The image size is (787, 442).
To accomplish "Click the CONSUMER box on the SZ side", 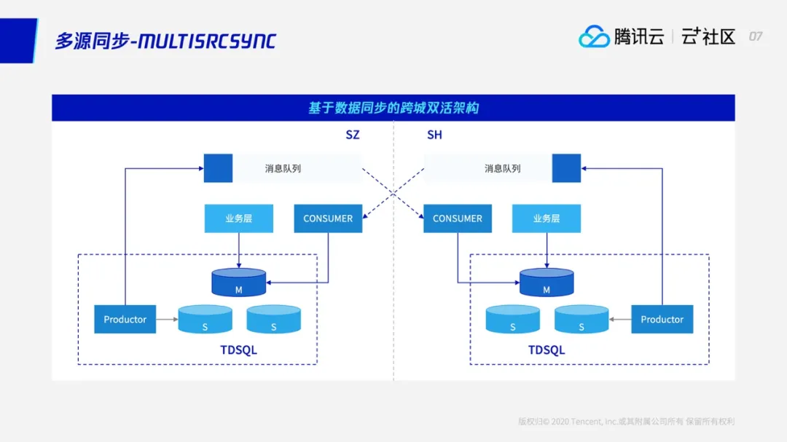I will [x=328, y=218].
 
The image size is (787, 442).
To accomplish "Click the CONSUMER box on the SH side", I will [x=458, y=218].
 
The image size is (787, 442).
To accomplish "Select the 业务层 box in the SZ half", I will [x=239, y=218].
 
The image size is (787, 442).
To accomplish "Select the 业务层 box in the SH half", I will [x=547, y=218].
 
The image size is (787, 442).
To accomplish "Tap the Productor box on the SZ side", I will [x=125, y=319].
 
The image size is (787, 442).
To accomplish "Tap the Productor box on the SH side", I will [x=662, y=319].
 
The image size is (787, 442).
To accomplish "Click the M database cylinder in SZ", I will [x=238, y=283].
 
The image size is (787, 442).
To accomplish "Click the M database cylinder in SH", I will [x=547, y=283].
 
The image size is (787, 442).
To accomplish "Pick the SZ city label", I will [x=353, y=135].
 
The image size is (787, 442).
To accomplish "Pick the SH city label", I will [x=434, y=135].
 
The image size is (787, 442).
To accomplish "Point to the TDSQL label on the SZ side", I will [x=238, y=350].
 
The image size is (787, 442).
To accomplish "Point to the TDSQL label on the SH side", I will [x=547, y=350].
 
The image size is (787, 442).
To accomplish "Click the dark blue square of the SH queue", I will [x=566, y=168].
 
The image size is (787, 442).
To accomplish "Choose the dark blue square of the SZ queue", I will [x=218, y=168].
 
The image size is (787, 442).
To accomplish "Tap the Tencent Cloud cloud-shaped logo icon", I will [x=594, y=36].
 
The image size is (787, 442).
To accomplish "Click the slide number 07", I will [x=756, y=36].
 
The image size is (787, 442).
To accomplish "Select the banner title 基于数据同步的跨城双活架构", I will [x=393, y=108].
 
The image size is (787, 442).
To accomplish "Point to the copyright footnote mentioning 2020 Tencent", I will [x=626, y=421].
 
